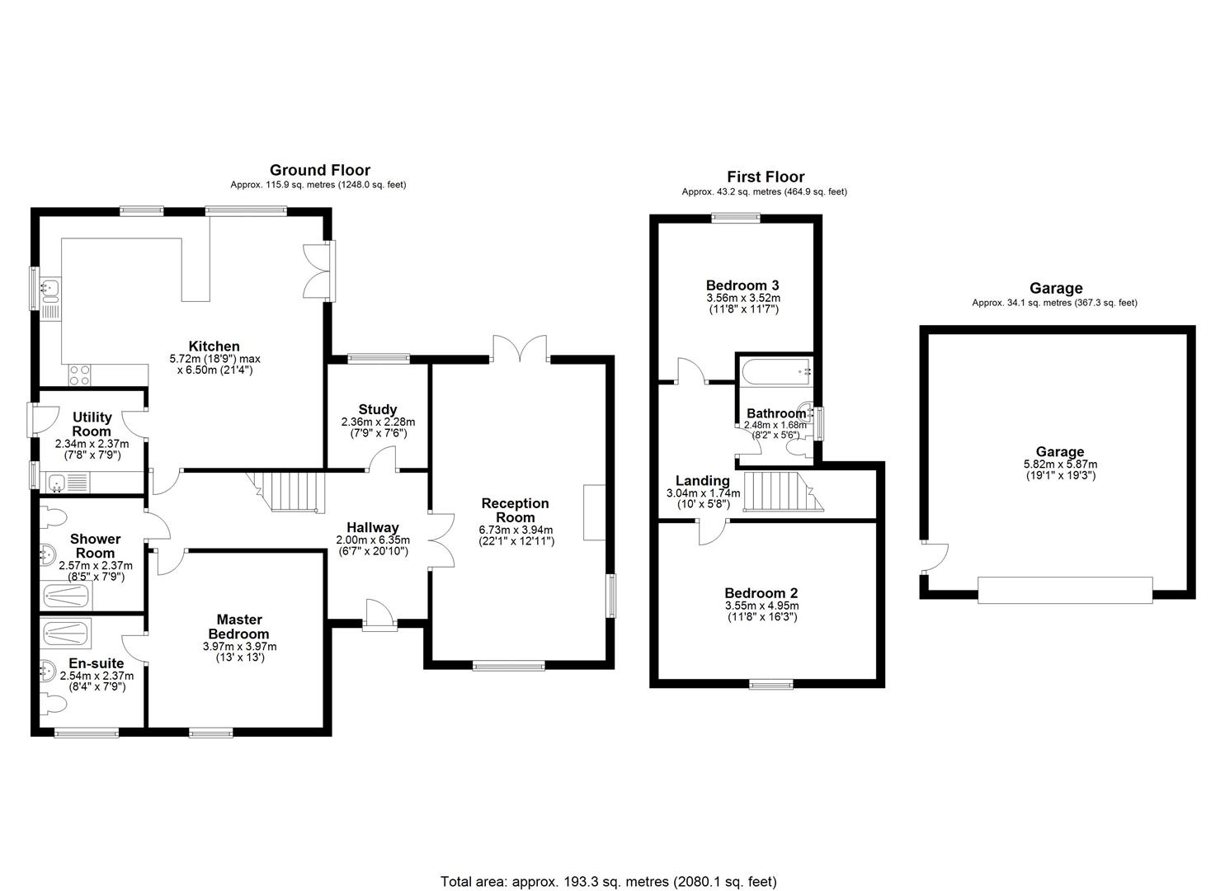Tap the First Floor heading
(765, 177)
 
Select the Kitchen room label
(214, 346)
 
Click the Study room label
(378, 409)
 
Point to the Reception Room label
(515, 510)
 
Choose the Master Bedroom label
(239, 626)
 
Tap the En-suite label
(96, 663)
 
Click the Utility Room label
(92, 424)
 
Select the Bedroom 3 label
(742, 285)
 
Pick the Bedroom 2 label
(761, 592)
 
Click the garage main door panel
(1063, 590)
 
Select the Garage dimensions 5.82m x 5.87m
(1059, 464)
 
